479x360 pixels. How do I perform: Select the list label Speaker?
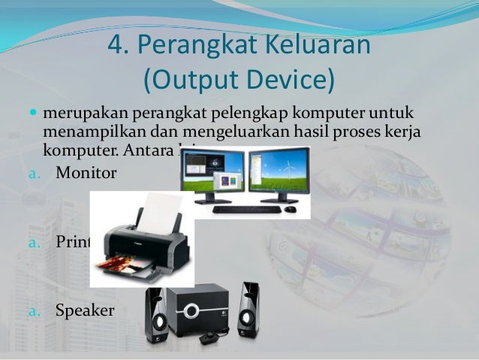[85, 308]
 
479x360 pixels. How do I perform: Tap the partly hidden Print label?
[72, 242]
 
